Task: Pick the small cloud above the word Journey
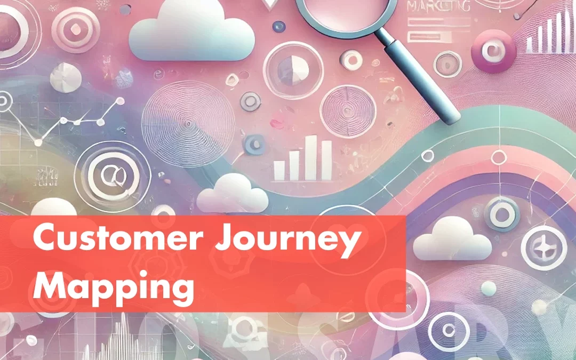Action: pyautogui.click(x=232, y=193)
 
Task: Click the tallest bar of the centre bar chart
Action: pyautogui.click(x=310, y=157)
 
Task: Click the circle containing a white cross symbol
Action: pyautogui.click(x=544, y=246)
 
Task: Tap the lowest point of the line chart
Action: pyautogui.click(x=37, y=142)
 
